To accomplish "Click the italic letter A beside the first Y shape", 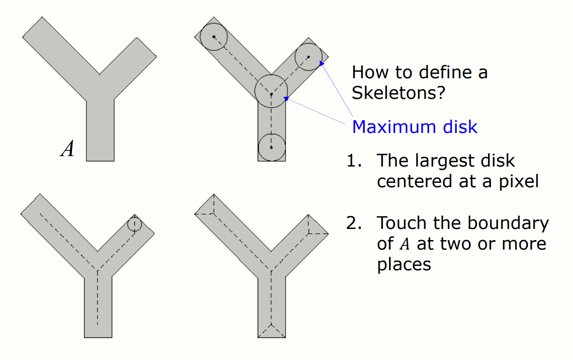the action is [x=67, y=149].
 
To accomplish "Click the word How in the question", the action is [x=370, y=72].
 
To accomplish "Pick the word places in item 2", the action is [x=404, y=265].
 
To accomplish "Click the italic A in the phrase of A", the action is [x=404, y=244].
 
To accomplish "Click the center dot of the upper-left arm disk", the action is [x=214, y=36].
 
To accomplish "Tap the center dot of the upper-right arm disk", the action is [x=309, y=57].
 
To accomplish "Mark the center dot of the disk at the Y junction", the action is [x=271, y=94].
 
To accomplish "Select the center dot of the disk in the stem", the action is [x=271, y=147].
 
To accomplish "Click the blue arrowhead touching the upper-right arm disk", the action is [x=322, y=64].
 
